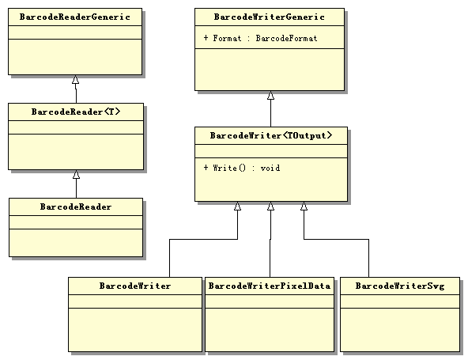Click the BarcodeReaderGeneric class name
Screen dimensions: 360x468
[x=75, y=16]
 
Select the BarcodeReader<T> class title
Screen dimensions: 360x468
[x=76, y=112]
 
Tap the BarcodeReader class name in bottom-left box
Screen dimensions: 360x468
[x=76, y=207]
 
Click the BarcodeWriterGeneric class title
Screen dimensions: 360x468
[x=269, y=16]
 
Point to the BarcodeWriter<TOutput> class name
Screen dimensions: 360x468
[x=270, y=135]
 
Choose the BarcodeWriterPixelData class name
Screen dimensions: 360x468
[x=270, y=285]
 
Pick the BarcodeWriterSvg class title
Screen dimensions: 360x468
[x=399, y=285]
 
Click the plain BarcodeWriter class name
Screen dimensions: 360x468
[x=135, y=285]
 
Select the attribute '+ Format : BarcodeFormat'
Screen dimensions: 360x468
[x=260, y=38]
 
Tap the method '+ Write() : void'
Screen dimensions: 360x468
[x=242, y=168]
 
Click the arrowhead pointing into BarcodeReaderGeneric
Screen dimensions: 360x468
[x=76, y=80]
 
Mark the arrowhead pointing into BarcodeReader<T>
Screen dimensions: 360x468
[x=76, y=175]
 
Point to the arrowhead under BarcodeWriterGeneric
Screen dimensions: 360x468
[x=270, y=96]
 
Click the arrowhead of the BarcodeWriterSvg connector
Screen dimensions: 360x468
[x=304, y=207]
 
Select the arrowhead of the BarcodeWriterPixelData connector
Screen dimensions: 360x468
[x=270, y=207]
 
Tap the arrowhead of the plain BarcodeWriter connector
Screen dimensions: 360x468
[x=237, y=207]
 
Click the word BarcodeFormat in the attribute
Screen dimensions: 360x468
[x=287, y=38]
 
